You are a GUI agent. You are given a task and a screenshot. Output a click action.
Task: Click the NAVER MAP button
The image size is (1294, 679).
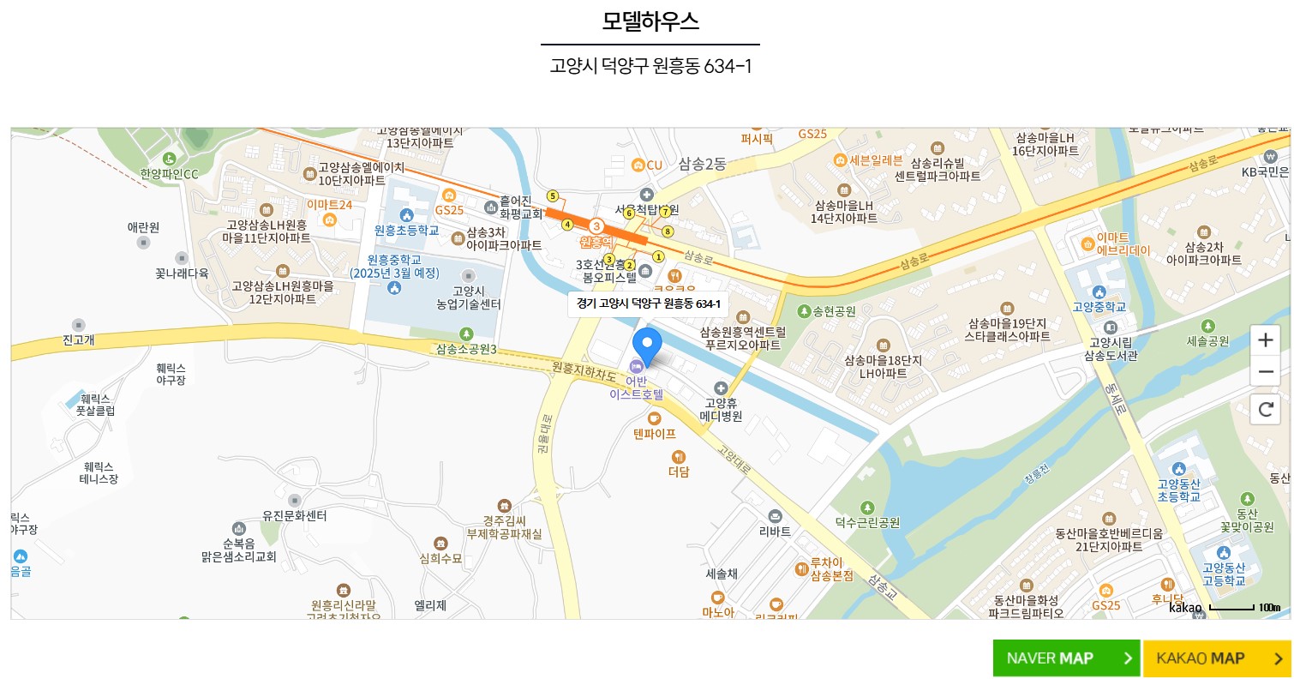[1066, 658]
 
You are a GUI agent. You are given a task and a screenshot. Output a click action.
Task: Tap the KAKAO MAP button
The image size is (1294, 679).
[1216, 658]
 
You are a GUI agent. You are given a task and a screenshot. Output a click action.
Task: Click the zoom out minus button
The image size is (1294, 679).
[1265, 372]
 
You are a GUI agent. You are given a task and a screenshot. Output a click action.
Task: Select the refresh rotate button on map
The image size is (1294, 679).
[1265, 409]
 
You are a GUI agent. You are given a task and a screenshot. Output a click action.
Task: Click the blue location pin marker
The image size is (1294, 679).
[647, 346]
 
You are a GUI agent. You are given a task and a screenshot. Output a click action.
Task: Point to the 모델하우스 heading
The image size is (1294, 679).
[650, 21]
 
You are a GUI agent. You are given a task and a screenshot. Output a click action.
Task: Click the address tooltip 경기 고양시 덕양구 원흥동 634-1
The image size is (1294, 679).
[648, 303]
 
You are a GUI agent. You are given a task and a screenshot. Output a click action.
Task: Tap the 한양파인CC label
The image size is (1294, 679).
[169, 174]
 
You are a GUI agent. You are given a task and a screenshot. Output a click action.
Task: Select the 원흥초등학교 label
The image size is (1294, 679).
[406, 230]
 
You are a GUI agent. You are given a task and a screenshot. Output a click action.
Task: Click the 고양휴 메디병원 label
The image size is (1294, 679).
[721, 409]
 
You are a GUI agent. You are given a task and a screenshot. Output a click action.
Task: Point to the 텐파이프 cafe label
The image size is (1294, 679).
[655, 433]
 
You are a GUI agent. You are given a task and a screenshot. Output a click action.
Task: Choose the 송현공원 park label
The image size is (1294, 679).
[828, 311]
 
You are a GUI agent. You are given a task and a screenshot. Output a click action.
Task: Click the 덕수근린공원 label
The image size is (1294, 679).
[867, 521]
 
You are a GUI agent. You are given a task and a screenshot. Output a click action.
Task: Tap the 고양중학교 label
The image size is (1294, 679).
[1099, 306]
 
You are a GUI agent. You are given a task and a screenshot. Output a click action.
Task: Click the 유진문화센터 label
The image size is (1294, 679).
[294, 515]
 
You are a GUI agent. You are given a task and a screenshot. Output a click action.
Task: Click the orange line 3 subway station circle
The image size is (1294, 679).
[596, 225]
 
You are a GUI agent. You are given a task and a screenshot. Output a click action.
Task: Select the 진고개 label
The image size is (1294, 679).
[79, 339]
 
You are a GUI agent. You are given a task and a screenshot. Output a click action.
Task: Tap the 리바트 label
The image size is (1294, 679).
[775, 531]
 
